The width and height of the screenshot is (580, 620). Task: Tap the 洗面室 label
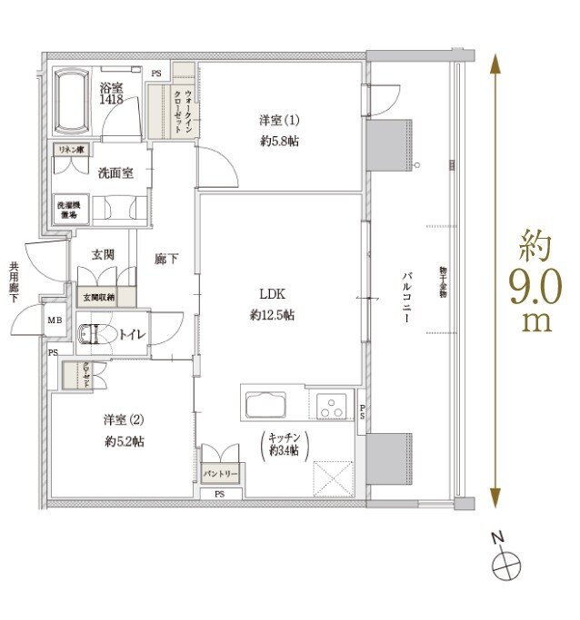[116, 172]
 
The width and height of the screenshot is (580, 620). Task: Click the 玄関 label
[103, 255]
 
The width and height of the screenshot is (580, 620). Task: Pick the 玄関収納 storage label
[99, 296]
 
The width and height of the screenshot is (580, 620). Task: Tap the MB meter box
[55, 320]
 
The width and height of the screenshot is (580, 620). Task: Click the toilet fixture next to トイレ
[95, 335]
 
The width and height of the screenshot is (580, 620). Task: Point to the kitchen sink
[265, 401]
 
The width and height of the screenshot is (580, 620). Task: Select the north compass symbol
[505, 567]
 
